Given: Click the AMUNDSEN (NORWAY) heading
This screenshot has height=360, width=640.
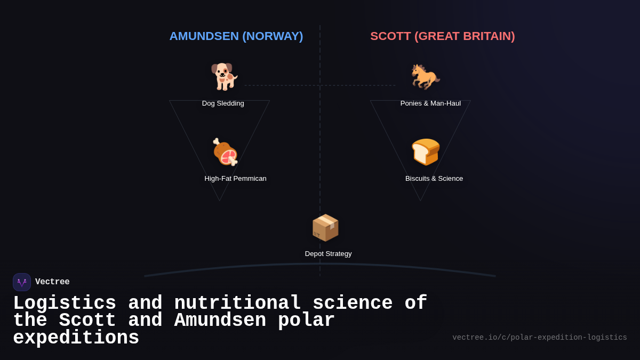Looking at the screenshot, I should coord(236,36).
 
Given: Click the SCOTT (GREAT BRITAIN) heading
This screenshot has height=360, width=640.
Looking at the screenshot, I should coord(442,36).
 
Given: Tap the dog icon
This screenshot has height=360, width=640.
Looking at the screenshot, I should coord(224,76).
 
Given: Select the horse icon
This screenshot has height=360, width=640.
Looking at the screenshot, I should coord(425,76).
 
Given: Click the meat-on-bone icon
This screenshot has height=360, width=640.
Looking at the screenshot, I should coord(225,152).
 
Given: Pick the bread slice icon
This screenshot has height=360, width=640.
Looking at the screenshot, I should coord(426,151).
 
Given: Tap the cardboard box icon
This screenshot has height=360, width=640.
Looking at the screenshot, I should coord(325,228).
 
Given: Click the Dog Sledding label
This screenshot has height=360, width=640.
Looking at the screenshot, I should coord(223,103).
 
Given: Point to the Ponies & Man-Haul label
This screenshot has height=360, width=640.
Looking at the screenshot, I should coord(430,103).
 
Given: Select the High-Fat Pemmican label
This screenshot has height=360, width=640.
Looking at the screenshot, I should coord(235,179).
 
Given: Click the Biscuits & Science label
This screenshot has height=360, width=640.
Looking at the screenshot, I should coord(434,179).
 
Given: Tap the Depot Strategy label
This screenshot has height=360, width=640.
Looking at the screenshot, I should coord(328,254).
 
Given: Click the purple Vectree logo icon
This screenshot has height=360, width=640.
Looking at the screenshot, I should coord(22,282).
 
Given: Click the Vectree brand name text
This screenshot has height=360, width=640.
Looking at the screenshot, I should coord(52,282).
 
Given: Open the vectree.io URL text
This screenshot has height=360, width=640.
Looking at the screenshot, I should coord(539,338).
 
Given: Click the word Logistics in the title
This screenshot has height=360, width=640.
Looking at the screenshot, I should coord(65,303).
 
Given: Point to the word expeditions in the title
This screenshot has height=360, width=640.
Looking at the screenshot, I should coord(76,338).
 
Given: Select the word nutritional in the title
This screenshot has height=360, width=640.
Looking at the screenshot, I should coord(237,303).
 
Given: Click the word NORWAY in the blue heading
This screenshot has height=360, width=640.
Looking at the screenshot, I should coord(273,36).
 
